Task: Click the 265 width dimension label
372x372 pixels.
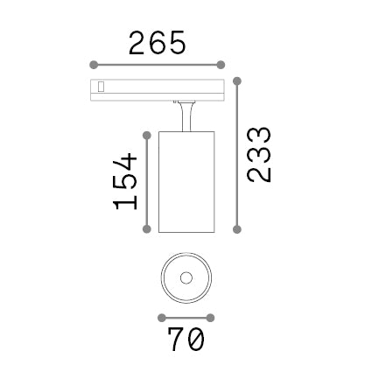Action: tap(157, 43)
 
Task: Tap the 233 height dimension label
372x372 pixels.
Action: tap(259, 155)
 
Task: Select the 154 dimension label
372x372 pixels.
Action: tap(125, 181)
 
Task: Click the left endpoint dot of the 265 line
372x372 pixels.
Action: tap(94, 65)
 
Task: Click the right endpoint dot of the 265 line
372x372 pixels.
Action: tap(221, 65)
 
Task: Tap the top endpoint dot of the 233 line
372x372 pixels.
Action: tap(237, 81)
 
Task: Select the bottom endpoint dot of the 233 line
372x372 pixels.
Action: tap(237, 229)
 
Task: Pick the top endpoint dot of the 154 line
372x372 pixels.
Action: tap(147, 135)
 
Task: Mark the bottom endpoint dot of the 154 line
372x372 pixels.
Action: tap(147, 228)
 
